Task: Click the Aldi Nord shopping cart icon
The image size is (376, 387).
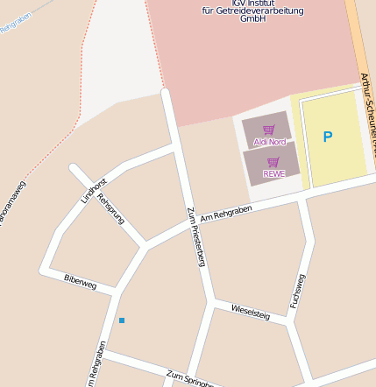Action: click(268, 129)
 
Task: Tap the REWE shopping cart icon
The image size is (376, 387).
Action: click(273, 161)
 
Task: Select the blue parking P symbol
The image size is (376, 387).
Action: click(328, 137)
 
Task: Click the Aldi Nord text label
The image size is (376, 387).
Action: click(270, 141)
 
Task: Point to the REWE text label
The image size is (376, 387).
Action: click(273, 173)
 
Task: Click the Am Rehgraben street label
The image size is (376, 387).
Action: click(226, 213)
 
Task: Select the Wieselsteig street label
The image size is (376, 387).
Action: click(251, 312)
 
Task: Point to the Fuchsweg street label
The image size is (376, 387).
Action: click(298, 291)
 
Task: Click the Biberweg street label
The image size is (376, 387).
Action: click(80, 280)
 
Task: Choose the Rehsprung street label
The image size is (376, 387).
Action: click(111, 208)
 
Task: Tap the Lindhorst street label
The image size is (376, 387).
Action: click(94, 190)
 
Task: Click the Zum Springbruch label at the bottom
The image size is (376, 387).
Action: click(190, 379)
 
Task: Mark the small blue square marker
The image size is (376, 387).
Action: click(122, 320)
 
